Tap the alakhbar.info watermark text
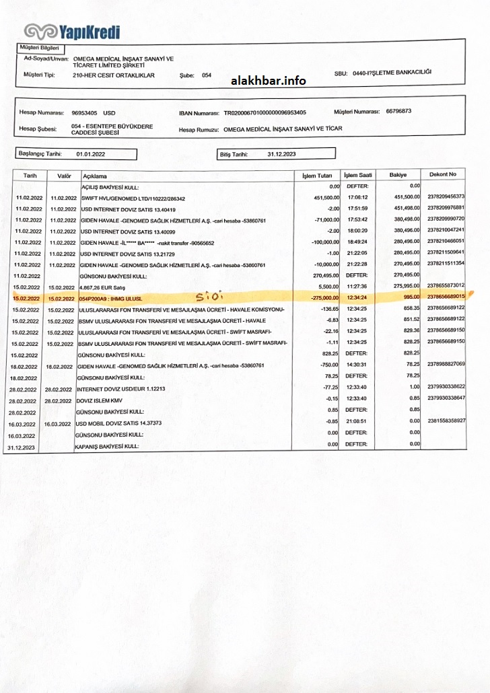(268, 81)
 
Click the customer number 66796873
(398, 111)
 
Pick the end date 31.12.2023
(281, 154)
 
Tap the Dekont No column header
(442, 175)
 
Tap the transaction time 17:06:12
(357, 198)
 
